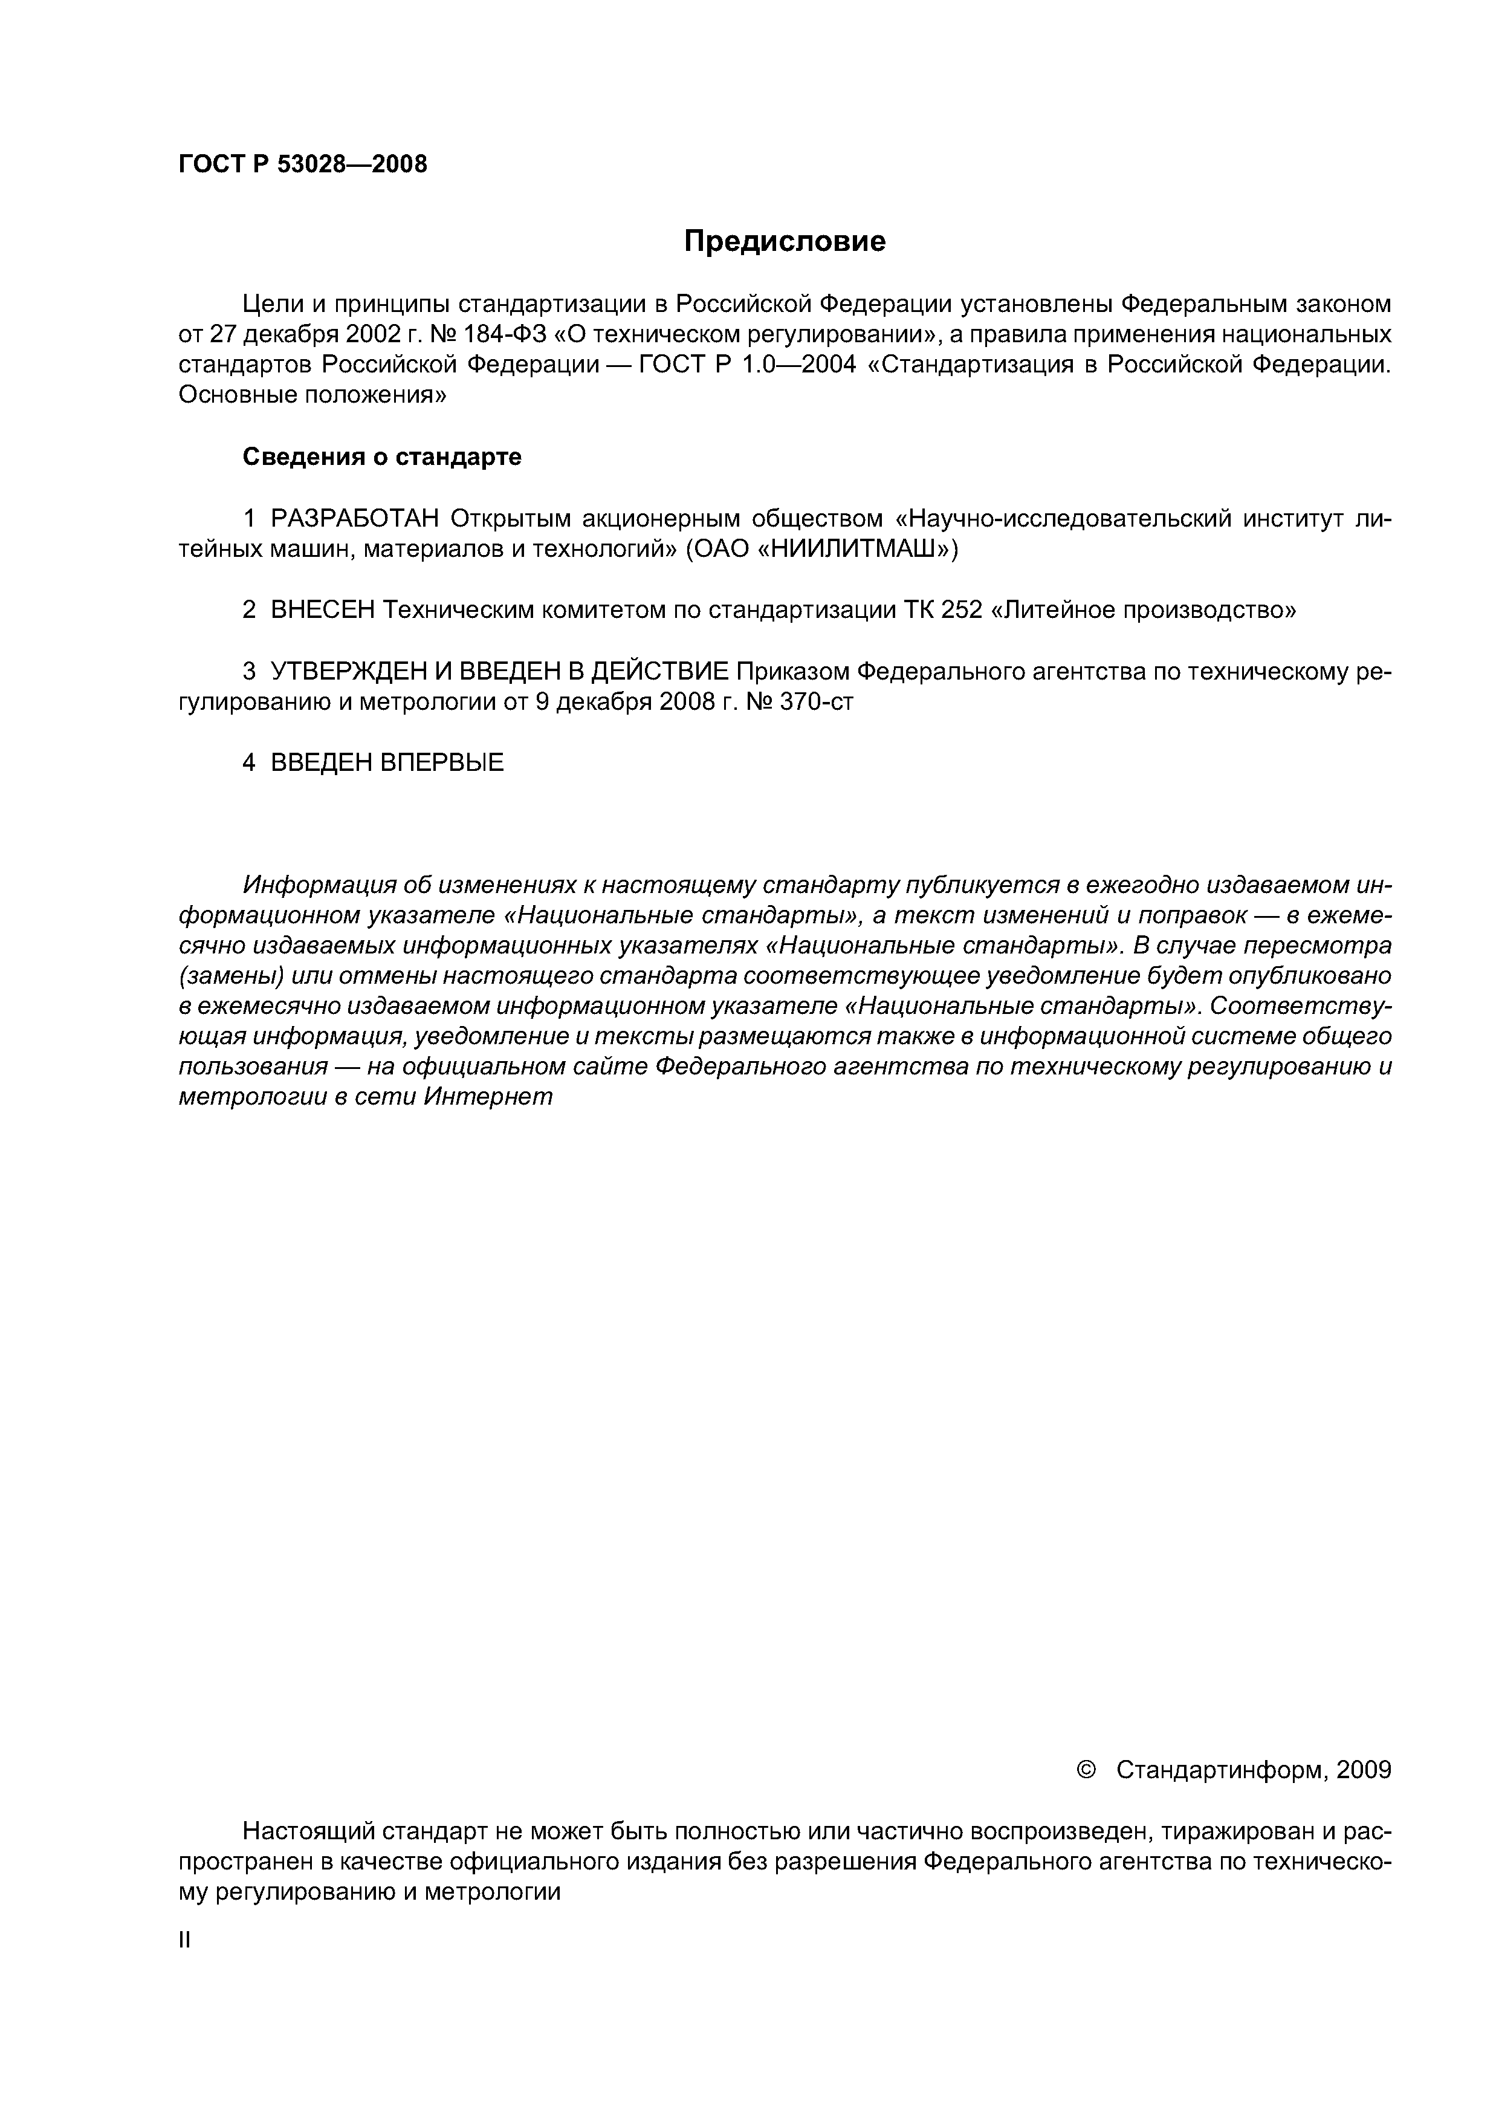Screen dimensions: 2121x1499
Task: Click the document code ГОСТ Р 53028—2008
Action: pyautogui.click(x=302, y=164)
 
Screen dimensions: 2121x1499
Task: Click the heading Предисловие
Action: pyautogui.click(x=784, y=241)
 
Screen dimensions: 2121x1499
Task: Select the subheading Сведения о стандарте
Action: pyautogui.click(x=381, y=456)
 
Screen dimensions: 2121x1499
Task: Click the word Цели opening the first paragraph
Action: pyautogui.click(x=268, y=303)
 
